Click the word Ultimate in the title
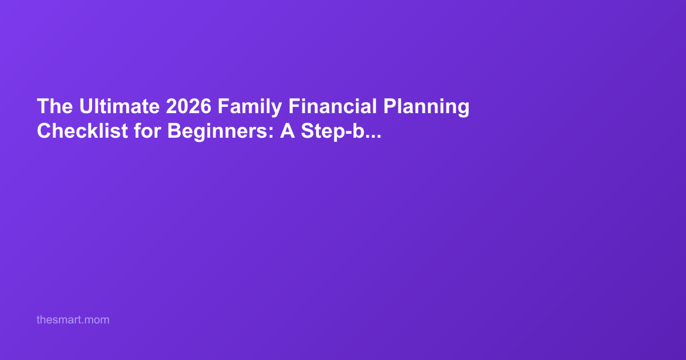pos(119,106)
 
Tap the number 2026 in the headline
pos(189,106)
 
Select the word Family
pos(250,107)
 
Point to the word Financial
pos(333,106)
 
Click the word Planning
pos(426,107)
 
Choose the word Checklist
pos(82,131)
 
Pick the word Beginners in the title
pos(217,132)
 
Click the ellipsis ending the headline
pos(373,137)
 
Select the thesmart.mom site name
pos(73,320)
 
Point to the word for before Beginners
pos(147,131)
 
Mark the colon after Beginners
pos(271,133)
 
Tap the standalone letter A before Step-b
pos(287,131)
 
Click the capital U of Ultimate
pos(86,106)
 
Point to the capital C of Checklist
pos(44,131)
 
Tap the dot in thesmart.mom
pos(82,323)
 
